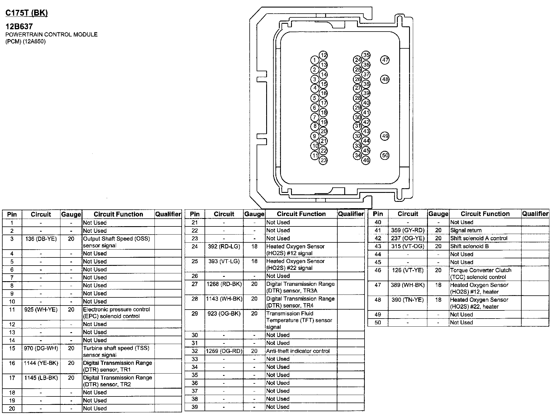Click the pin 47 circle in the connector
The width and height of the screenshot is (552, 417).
tap(385, 60)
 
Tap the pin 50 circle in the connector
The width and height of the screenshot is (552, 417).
tap(385, 155)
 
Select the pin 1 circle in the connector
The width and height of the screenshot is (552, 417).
tap(314, 60)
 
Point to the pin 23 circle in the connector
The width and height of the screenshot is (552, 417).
tap(323, 160)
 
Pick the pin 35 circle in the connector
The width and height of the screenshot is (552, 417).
tap(366, 55)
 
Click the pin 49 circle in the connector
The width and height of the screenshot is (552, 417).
tap(385, 136)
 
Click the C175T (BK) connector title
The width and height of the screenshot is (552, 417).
tap(27, 13)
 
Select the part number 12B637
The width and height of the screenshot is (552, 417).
tap(19, 27)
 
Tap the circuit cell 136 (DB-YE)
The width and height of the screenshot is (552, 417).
tap(41, 239)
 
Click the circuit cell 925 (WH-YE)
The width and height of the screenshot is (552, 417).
tap(41, 310)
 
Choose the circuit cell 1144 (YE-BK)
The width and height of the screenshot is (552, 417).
tap(41, 363)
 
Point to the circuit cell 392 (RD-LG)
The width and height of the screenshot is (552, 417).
tap(224, 246)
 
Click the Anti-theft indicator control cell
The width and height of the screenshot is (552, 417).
tap(298, 351)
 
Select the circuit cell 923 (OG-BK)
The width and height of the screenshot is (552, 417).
tap(224, 314)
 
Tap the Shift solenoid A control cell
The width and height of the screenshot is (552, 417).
tap(479, 238)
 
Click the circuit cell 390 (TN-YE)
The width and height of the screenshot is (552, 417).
tap(407, 300)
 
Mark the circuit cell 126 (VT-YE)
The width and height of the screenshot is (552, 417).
tap(407, 270)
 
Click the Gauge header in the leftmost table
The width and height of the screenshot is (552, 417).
tap(71, 214)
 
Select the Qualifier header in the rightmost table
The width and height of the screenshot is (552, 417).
tap(535, 214)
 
